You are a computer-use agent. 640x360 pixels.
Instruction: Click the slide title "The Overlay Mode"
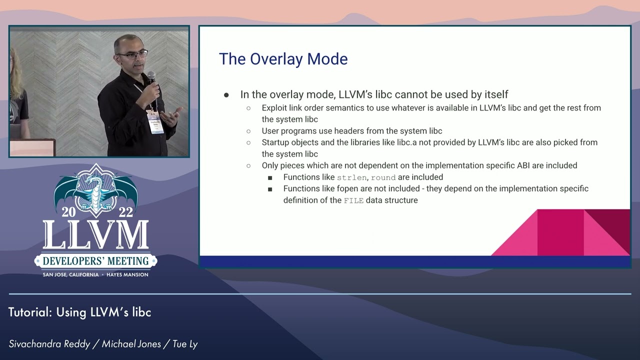click(283, 59)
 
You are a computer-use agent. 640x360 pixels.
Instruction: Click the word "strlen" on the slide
click(352, 177)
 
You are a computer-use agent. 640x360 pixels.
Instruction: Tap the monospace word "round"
click(383, 177)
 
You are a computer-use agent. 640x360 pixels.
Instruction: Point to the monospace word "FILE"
click(353, 200)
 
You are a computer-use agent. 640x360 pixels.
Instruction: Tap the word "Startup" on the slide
click(276, 142)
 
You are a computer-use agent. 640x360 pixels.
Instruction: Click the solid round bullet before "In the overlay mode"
click(226, 95)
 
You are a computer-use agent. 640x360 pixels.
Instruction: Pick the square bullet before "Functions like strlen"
click(270, 177)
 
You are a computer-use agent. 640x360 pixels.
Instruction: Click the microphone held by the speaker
click(151, 78)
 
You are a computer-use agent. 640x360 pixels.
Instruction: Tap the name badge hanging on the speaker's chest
click(155, 121)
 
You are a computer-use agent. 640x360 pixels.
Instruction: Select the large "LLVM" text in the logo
click(95, 235)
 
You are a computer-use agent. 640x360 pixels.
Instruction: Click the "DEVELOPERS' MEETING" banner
click(95, 261)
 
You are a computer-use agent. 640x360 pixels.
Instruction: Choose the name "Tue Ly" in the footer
click(185, 344)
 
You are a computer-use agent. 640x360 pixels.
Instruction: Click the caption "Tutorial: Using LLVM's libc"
click(80, 312)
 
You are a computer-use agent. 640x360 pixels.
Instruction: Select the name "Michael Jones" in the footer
click(131, 344)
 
